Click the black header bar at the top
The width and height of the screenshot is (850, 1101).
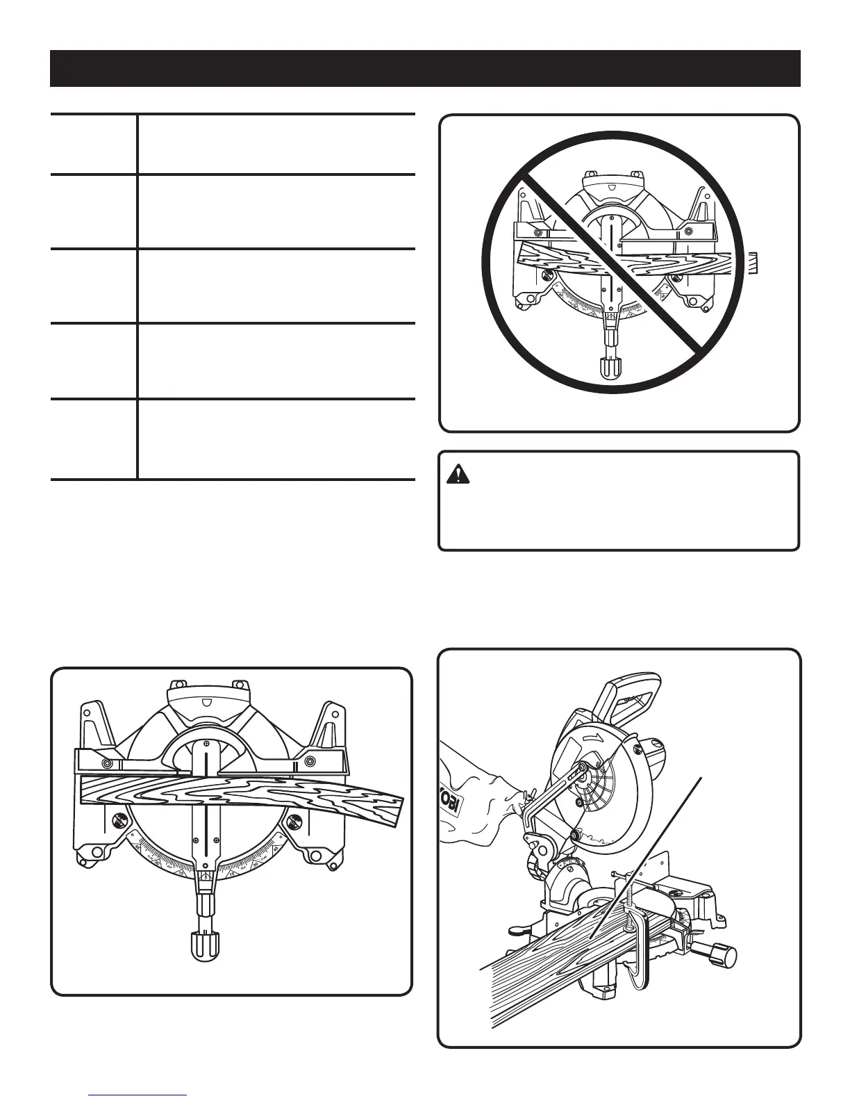[x=425, y=67]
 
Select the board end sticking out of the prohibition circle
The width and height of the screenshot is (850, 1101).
[x=753, y=263]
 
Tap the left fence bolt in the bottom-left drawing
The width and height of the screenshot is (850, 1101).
[x=108, y=763]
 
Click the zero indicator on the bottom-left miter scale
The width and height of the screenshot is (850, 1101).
[x=206, y=877]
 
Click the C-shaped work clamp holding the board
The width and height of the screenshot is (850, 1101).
[x=635, y=952]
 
